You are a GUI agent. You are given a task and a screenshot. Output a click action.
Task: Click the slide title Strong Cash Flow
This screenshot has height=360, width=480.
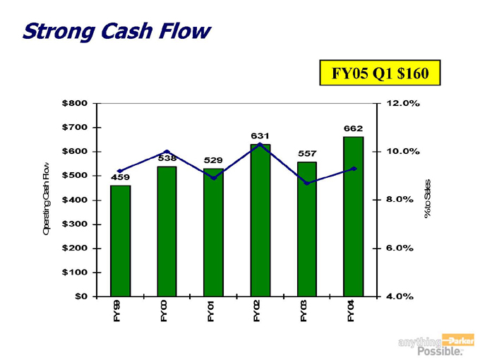[116, 31]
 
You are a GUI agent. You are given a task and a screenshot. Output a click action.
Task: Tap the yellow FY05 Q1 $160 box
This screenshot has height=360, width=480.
[380, 73]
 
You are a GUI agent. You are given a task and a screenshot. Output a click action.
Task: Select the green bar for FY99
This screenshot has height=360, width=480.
[120, 241]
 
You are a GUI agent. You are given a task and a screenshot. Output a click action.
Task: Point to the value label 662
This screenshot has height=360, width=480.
[354, 128]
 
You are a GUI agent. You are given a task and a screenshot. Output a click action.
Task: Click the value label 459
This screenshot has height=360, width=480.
[120, 177]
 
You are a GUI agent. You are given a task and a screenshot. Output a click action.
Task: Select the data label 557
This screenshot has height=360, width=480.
[307, 153]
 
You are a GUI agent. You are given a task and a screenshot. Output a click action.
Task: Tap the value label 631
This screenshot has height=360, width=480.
[260, 135]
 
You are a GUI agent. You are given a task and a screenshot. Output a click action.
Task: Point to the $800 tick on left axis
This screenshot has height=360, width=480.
[75, 103]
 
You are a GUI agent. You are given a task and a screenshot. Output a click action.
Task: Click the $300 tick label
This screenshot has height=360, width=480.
[75, 224]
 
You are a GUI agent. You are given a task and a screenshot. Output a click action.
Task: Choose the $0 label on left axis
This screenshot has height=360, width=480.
[80, 296]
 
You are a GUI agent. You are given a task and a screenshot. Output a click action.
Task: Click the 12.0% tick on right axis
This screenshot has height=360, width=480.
[403, 103]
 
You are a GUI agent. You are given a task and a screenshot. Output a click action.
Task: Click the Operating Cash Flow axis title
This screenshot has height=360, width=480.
[47, 200]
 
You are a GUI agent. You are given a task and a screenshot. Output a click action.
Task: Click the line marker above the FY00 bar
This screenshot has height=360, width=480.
[167, 152]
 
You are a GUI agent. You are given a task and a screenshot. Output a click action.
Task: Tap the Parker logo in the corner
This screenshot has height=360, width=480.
[457, 340]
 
